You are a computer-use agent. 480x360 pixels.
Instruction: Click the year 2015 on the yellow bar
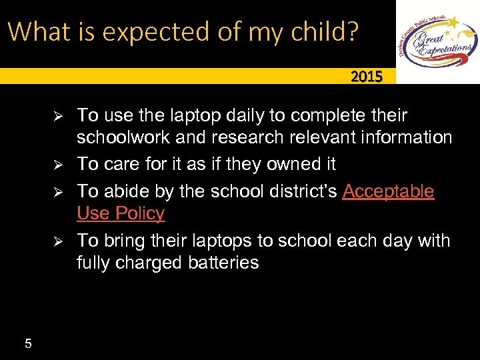point(367,77)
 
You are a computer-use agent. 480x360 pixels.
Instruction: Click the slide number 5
point(28,344)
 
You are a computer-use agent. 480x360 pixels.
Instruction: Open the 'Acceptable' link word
point(388,191)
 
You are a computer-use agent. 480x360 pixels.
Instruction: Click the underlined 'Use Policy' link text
point(121,213)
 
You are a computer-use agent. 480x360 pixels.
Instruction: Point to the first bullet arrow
point(57,115)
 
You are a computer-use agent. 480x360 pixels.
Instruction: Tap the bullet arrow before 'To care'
point(57,164)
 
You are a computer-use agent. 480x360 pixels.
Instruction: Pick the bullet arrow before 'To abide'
point(57,192)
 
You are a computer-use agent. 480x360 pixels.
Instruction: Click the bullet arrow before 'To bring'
point(57,241)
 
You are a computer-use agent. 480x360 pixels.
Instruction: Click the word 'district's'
point(299,191)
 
